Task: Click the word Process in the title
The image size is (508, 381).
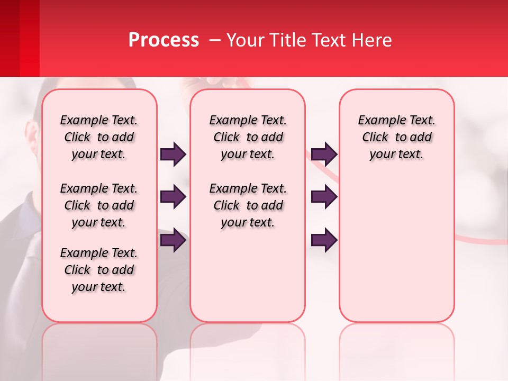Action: [x=164, y=40]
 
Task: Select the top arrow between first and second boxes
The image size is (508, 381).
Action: [x=173, y=155]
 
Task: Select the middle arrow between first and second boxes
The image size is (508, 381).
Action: [x=173, y=197]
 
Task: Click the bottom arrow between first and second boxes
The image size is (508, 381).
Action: [x=173, y=240]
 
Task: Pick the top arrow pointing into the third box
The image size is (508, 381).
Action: [x=324, y=155]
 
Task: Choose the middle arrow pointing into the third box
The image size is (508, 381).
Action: [x=324, y=197]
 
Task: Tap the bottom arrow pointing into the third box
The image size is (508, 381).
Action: [x=324, y=240]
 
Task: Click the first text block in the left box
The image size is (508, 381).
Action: [x=99, y=137]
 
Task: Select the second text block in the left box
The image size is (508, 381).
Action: [x=99, y=205]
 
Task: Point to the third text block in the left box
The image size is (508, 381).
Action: [x=99, y=270]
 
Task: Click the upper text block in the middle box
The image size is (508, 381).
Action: [x=248, y=137]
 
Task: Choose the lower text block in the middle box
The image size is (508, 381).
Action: [x=248, y=205]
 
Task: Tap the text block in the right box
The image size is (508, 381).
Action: [x=396, y=137]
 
